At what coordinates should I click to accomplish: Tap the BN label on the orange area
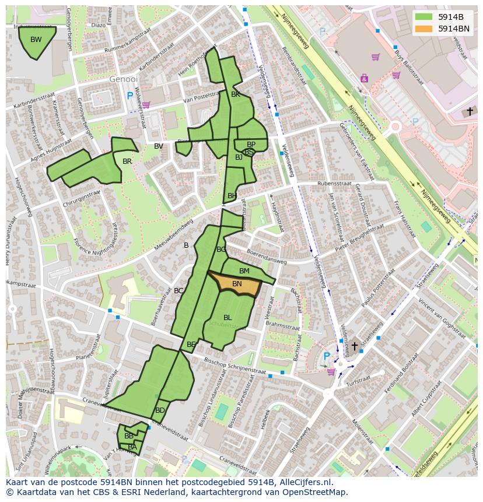click(x=237, y=284)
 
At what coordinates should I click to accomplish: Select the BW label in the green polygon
click(x=36, y=40)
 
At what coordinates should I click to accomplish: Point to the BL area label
click(x=228, y=318)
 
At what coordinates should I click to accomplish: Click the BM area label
click(x=244, y=271)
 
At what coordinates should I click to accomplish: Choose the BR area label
click(x=127, y=162)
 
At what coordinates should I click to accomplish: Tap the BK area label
click(x=236, y=94)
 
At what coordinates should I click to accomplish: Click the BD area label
click(x=160, y=410)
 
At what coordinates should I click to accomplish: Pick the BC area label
click(x=178, y=291)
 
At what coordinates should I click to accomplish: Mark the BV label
click(x=159, y=146)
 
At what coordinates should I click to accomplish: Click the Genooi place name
click(x=124, y=79)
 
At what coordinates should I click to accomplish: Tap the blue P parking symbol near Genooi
click(x=130, y=96)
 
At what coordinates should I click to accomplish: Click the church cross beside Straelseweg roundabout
click(x=354, y=346)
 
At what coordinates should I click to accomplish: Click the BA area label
click(x=132, y=447)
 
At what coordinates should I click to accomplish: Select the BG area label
click(x=221, y=250)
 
